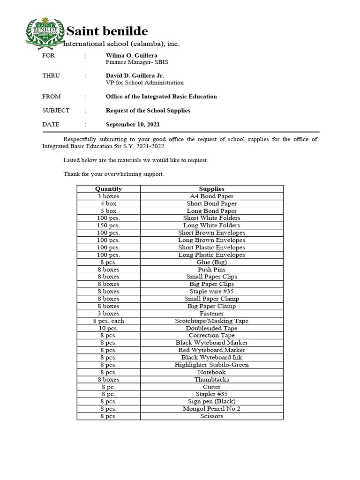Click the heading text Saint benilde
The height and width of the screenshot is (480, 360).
click(107, 31)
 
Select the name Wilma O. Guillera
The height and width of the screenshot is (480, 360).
click(131, 55)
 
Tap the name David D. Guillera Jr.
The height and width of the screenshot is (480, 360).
click(135, 75)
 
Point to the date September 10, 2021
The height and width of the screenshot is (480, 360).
click(133, 124)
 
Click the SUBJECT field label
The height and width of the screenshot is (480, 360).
click(56, 111)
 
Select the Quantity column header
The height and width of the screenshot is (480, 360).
click(108, 189)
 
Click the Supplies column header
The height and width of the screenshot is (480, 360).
click(211, 189)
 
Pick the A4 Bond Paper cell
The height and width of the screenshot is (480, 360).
click(211, 196)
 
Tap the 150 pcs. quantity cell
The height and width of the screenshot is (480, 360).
click(108, 225)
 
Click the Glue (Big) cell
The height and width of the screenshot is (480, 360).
click(211, 262)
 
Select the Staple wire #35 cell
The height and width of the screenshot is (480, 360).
click(211, 291)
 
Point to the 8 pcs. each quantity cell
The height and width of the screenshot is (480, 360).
click(108, 321)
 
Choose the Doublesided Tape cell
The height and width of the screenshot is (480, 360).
click(211, 328)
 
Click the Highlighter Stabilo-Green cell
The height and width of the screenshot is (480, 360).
click(211, 365)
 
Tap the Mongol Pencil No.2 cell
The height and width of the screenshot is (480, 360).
click(211, 409)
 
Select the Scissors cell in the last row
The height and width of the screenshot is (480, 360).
click(211, 416)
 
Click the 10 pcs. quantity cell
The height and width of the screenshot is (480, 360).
click(108, 328)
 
